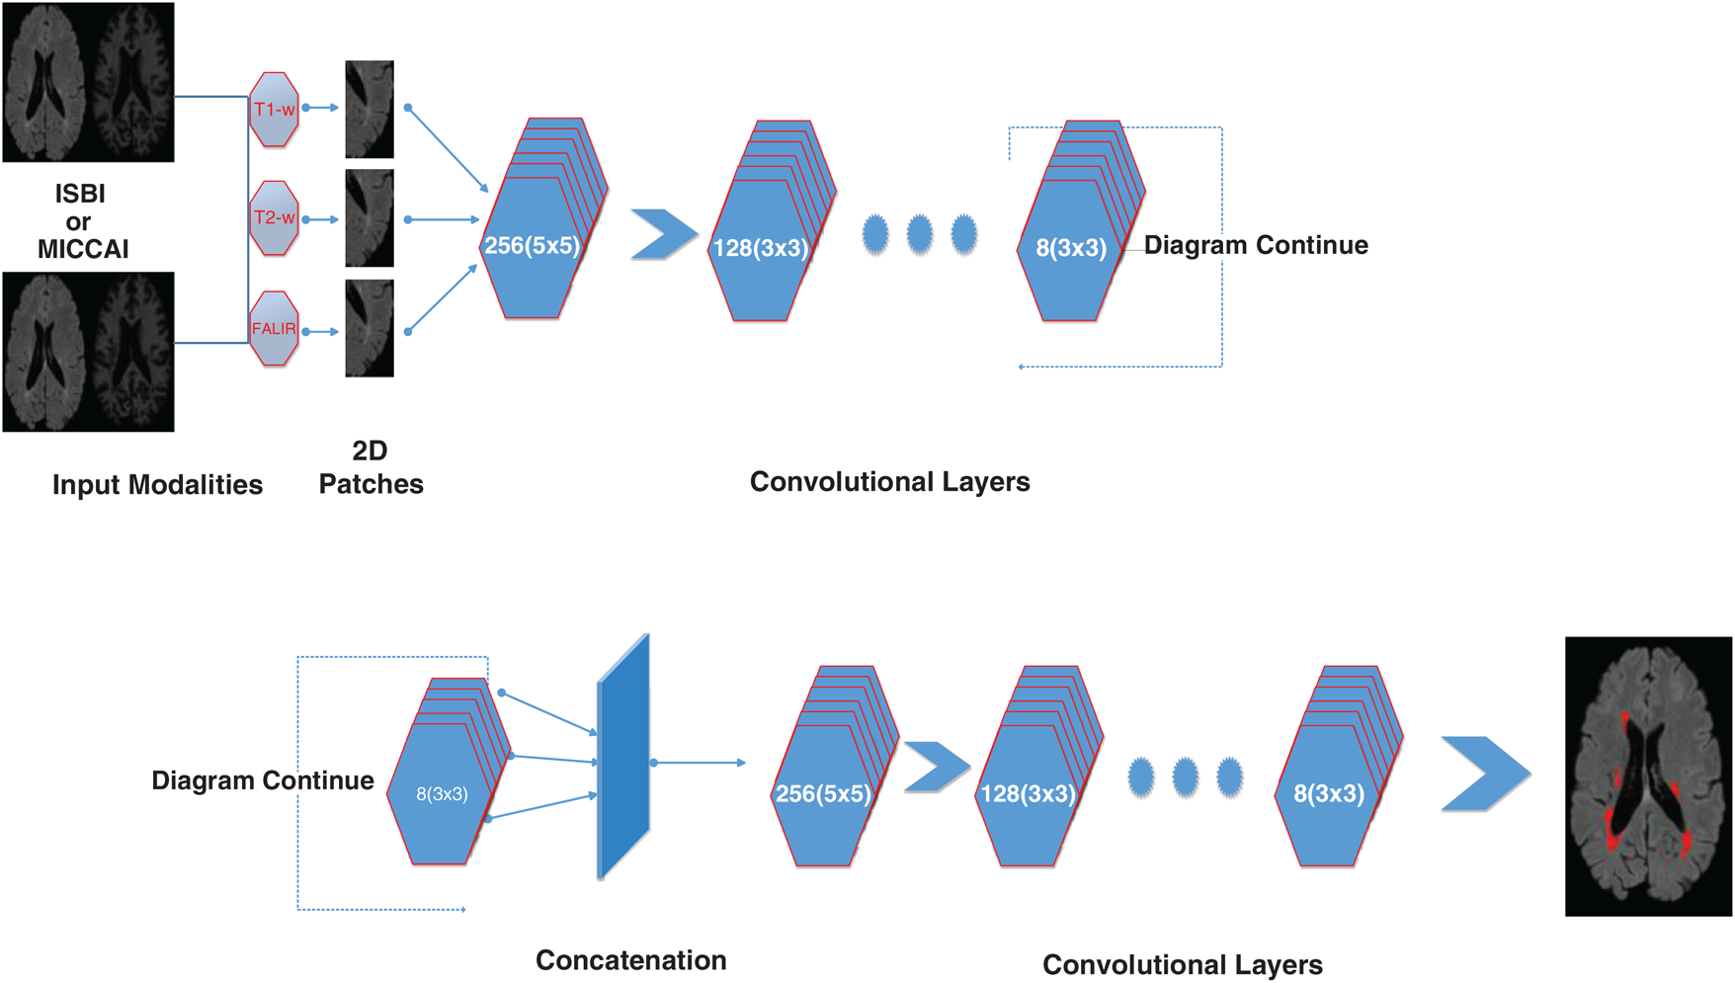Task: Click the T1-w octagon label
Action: (x=274, y=109)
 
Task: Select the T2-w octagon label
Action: (x=274, y=217)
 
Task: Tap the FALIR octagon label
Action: (x=274, y=329)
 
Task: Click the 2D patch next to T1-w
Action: (x=370, y=109)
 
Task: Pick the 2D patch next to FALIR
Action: (x=370, y=328)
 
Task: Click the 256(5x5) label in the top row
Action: (x=532, y=246)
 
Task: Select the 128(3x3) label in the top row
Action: (x=760, y=248)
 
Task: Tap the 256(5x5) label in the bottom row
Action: (x=823, y=793)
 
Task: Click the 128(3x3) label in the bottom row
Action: (x=1027, y=793)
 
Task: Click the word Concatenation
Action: (x=630, y=959)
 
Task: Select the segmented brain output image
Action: (x=1648, y=776)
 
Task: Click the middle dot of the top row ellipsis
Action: (x=919, y=234)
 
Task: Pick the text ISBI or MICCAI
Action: (x=82, y=221)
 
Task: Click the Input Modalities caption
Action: (x=157, y=484)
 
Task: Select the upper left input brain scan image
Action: (x=88, y=82)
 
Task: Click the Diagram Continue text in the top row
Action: (x=1255, y=245)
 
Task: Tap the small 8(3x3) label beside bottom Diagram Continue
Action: (x=442, y=793)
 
